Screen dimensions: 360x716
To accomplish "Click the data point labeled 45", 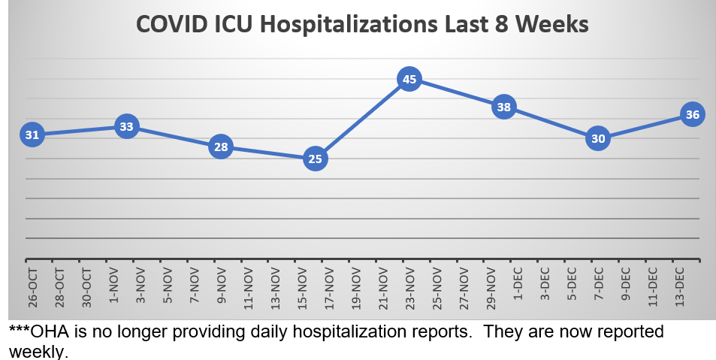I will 409,79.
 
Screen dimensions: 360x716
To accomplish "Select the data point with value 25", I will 316,159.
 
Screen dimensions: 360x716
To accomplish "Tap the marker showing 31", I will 32,135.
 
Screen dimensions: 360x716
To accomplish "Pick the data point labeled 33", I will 126,127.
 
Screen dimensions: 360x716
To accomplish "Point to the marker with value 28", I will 221,147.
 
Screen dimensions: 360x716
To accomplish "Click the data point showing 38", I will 503,107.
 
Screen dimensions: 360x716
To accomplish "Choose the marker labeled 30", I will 598,139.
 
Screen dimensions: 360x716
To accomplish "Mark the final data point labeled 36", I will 692,115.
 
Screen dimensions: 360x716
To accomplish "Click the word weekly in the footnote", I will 38,351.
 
